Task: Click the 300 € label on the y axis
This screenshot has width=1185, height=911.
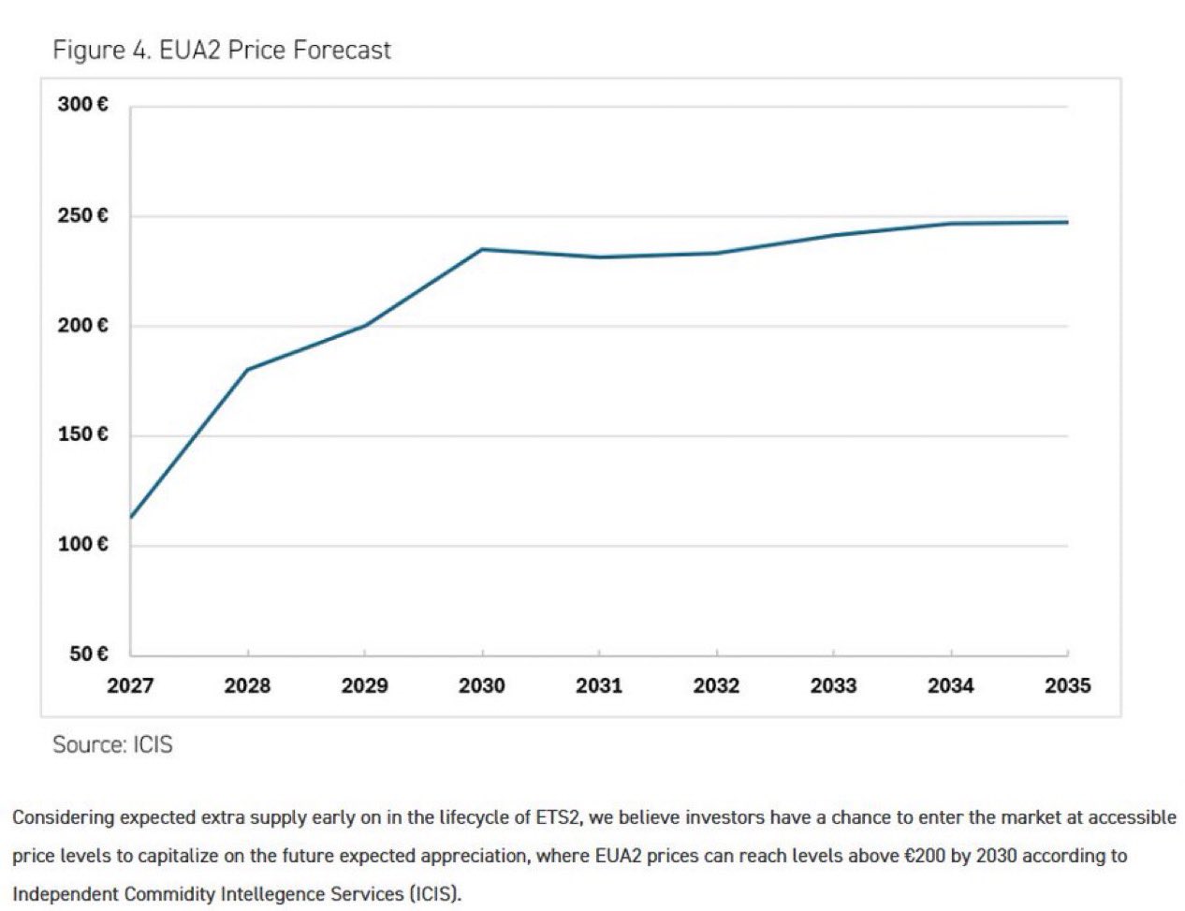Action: click(x=82, y=105)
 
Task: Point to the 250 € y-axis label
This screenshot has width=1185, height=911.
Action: click(x=82, y=216)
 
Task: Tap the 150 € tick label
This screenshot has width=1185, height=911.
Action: click(x=82, y=434)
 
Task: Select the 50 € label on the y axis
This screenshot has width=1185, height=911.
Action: click(x=88, y=654)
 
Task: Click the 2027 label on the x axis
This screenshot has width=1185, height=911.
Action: click(x=130, y=686)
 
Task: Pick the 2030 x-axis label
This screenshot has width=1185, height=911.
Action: click(x=481, y=686)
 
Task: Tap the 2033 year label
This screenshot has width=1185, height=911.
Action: click(x=833, y=686)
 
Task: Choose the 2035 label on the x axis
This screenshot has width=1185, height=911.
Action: click(x=1067, y=686)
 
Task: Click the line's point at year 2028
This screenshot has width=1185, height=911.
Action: click(x=247, y=369)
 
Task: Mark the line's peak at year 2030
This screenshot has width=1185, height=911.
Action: click(x=482, y=249)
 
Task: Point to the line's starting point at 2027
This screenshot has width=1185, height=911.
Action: click(x=131, y=517)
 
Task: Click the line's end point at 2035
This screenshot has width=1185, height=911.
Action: click(x=1067, y=222)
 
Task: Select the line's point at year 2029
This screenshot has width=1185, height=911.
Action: click(x=364, y=326)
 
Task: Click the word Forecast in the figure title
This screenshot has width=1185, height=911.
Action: click(x=342, y=50)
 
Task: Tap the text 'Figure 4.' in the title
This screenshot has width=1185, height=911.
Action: click(x=102, y=50)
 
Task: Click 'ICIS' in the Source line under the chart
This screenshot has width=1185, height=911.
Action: click(x=153, y=745)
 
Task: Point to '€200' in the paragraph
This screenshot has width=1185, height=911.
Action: click(x=925, y=856)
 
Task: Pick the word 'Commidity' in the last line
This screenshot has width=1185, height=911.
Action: click(x=172, y=894)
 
